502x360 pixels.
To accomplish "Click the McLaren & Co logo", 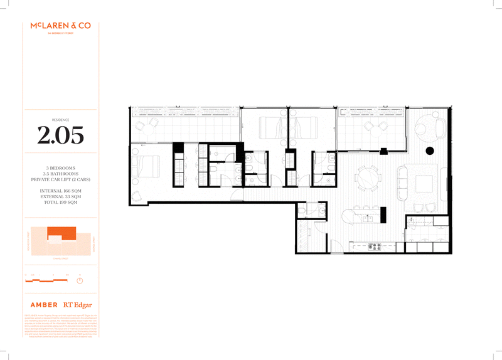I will (60, 27).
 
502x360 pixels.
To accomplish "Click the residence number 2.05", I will (60, 135).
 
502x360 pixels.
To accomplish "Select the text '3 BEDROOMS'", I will (60, 168).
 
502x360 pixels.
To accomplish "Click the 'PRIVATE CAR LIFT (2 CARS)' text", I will (60, 179).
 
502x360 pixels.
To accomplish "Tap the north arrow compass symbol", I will (80, 280).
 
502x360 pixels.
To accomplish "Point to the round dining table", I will (366, 179).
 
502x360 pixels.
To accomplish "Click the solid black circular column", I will (430, 151).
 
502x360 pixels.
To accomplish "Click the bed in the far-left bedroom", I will (146, 166).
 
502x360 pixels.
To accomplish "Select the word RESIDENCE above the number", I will (60, 119).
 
